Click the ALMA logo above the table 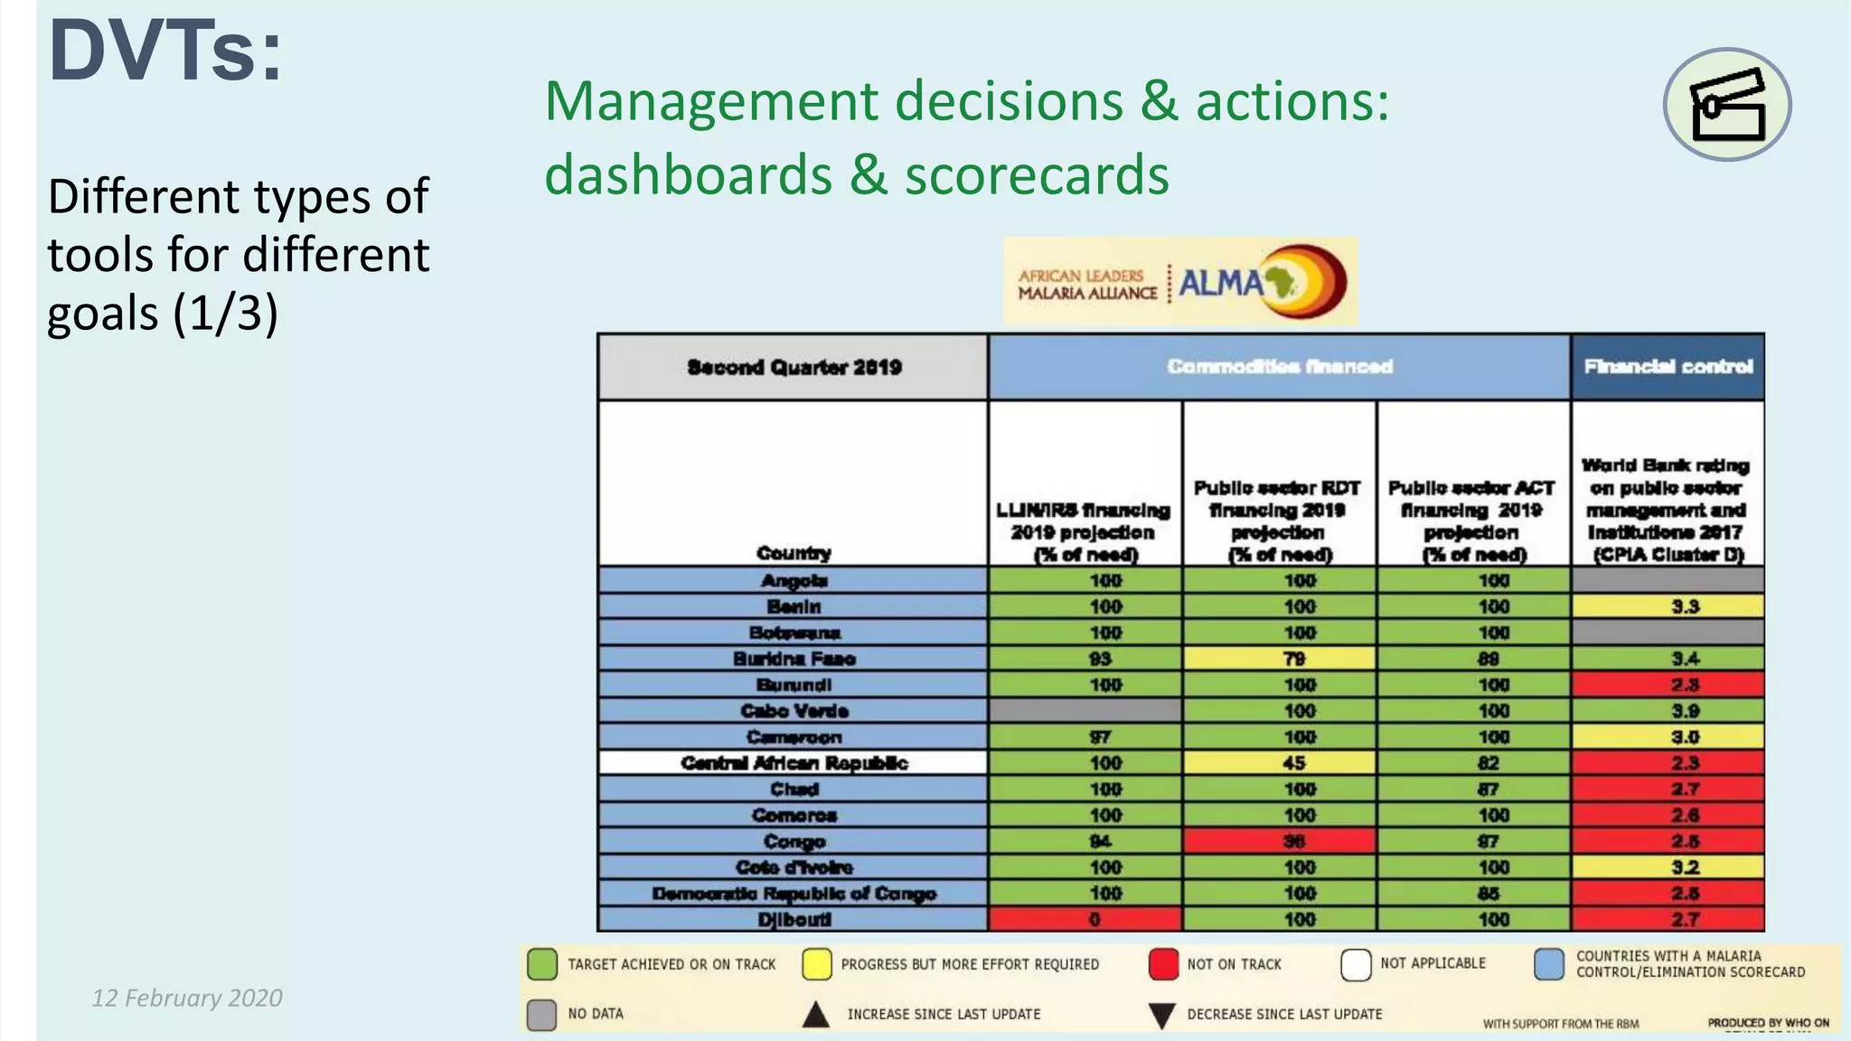coord(1179,282)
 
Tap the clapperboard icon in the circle coord(1727,105)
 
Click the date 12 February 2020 coord(187,998)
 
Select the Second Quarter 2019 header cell coord(793,367)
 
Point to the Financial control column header coord(1668,367)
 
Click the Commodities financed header coord(1279,367)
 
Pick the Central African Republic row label coord(793,763)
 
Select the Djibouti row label coord(793,919)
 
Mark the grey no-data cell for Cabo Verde coord(1085,710)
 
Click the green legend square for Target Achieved coord(542,964)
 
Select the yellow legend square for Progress coord(816,964)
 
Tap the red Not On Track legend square coord(1163,964)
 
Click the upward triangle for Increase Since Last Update coord(816,1015)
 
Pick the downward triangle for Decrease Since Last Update coord(1161,1015)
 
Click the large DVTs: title coord(165,52)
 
